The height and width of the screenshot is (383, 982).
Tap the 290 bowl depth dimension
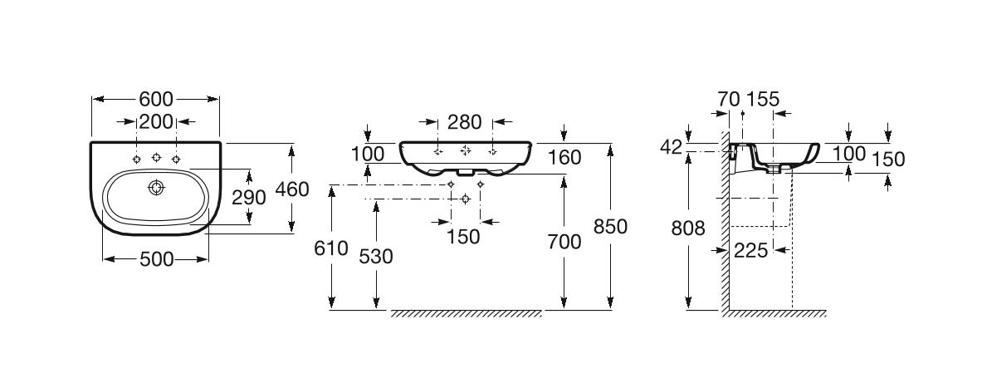[x=248, y=197]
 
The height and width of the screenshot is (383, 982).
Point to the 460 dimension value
[x=291, y=189]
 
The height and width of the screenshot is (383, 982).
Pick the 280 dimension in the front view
[x=465, y=122]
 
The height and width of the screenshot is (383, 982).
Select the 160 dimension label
[x=564, y=155]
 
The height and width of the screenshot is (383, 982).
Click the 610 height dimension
[x=332, y=249]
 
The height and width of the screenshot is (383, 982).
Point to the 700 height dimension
[x=564, y=243]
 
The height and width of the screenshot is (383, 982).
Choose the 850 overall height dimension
[x=610, y=226]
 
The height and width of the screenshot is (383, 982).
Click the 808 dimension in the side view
[x=688, y=228]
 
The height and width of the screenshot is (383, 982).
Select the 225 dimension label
[x=751, y=248]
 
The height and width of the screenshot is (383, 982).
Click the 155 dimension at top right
[x=763, y=99]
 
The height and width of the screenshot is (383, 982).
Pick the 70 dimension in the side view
[x=728, y=99]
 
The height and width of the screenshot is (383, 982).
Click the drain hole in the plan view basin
[x=155, y=188]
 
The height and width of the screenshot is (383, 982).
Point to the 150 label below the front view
[x=463, y=237]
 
